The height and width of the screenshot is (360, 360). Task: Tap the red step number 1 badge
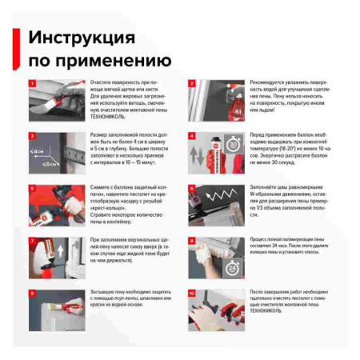[x=32, y=83]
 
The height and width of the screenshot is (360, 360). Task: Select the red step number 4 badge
[x=192, y=135]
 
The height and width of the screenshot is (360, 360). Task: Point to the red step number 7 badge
[x=32, y=240]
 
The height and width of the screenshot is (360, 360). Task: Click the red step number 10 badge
[x=192, y=293]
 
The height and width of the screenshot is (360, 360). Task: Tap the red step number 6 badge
[x=192, y=188]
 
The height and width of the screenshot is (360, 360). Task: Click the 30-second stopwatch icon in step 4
[x=234, y=146]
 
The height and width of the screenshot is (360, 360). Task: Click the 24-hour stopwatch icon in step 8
[x=232, y=266]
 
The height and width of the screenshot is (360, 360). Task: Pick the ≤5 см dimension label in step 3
[x=50, y=165]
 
